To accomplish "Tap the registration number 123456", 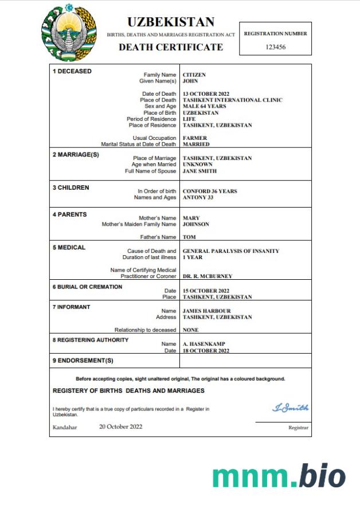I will click(276, 47).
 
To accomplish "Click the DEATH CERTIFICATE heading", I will click(171, 47).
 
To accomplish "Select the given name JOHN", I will click(190, 81).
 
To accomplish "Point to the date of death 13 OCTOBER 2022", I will click(206, 94).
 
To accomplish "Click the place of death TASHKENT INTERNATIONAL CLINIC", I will click(232, 100).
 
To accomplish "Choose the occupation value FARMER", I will click(195, 138).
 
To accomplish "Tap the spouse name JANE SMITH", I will click(199, 171).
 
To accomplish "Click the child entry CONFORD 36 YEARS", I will click(209, 191).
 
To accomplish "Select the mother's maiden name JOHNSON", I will click(196, 224).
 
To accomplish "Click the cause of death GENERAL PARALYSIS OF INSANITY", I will click(230, 251).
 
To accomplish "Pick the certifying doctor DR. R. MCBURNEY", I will click(208, 276).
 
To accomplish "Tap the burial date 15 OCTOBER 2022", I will click(206, 291).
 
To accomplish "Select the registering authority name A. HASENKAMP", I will click(202, 344).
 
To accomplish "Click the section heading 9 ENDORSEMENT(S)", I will click(83, 361).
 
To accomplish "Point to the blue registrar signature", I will click(290, 408).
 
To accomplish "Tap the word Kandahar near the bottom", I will click(65, 427).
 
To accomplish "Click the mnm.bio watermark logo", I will click(279, 476).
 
